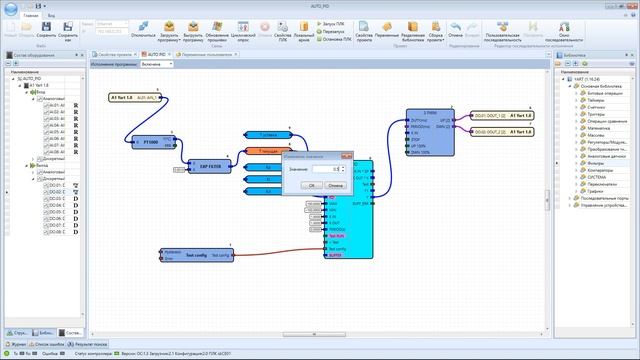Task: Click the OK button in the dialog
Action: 312,185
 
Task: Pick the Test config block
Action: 196,255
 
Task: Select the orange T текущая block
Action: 266,151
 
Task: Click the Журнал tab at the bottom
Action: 18,343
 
